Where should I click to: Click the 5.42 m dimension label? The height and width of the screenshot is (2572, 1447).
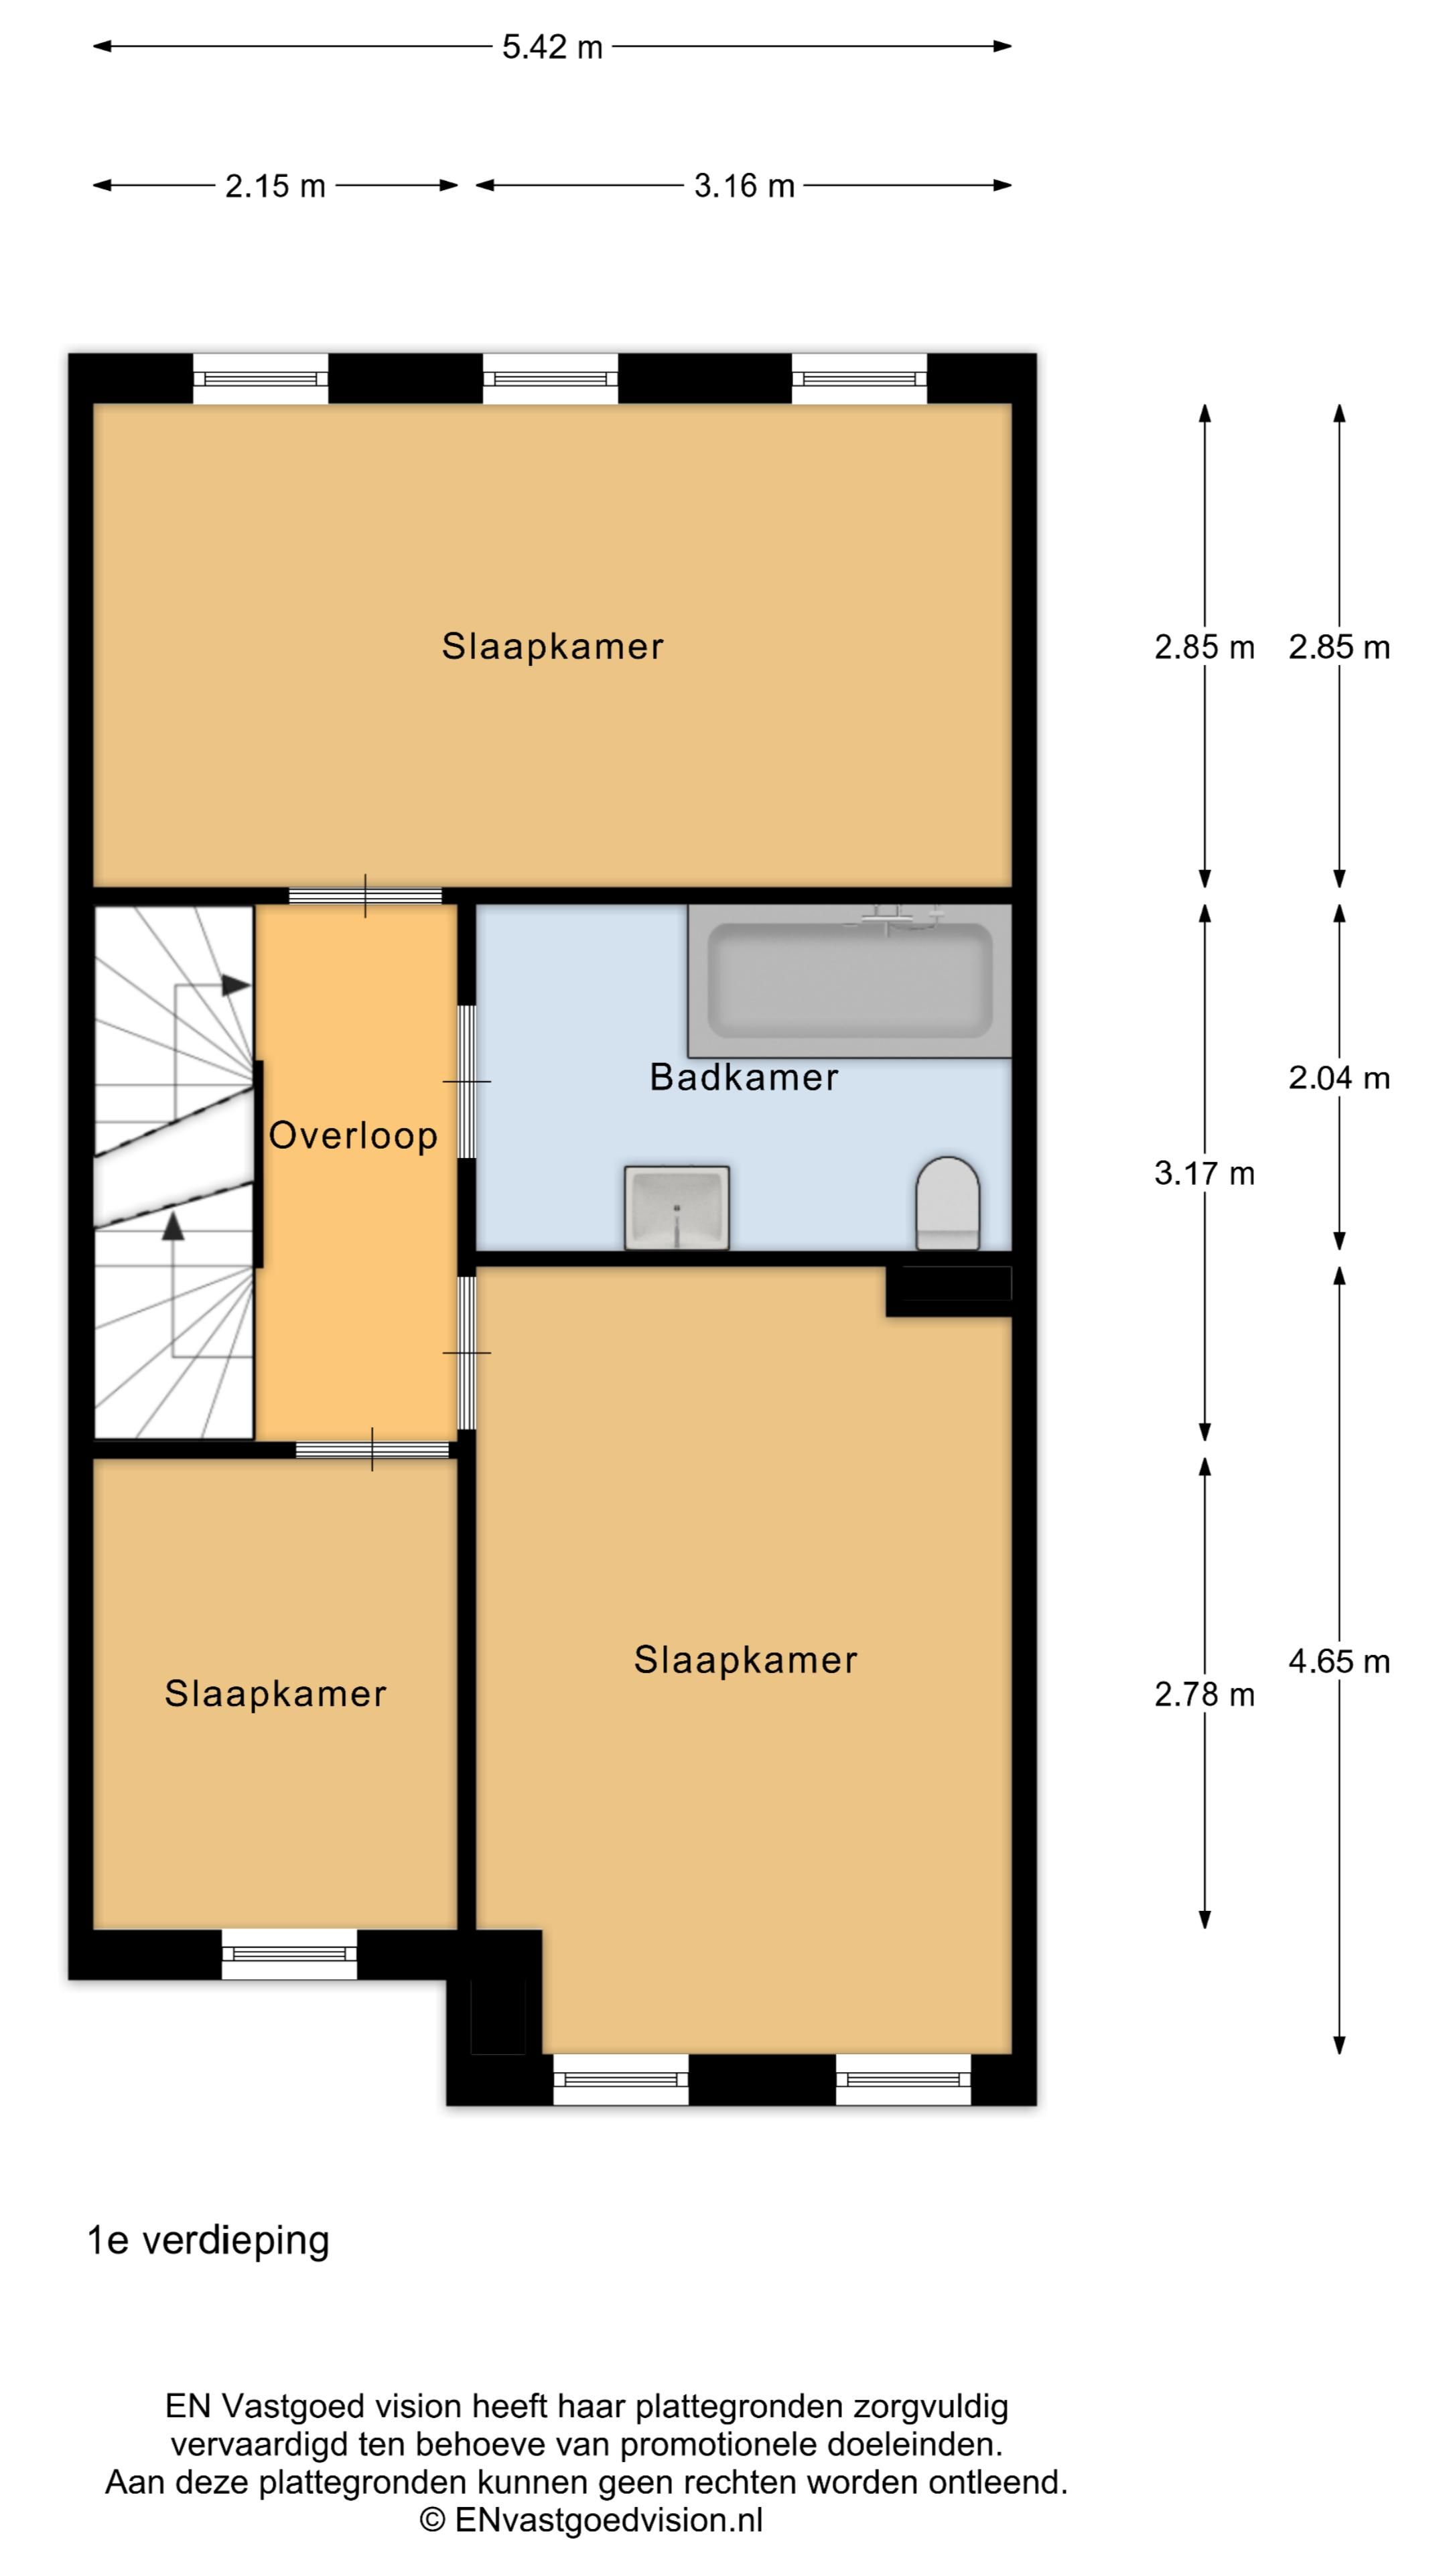pos(552,47)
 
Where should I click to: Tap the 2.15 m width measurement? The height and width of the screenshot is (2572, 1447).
pos(275,186)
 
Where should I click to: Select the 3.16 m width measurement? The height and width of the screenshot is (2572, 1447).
pos(744,186)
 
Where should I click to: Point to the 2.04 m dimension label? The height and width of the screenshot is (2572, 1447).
pos(1339,1078)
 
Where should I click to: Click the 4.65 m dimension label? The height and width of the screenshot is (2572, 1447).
pos(1339,1661)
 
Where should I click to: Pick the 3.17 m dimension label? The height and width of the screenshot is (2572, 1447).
pos(1204,1173)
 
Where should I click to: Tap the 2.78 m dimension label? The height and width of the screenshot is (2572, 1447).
pos(1204,1695)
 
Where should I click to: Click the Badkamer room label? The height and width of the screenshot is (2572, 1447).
pos(744,1077)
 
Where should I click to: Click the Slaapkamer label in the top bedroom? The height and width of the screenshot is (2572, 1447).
pos(552,647)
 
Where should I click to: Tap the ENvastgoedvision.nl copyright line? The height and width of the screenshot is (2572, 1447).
pos(591,2520)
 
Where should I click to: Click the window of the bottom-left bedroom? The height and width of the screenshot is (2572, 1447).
pos(289,1954)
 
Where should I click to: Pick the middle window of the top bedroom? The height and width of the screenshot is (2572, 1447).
pos(550,379)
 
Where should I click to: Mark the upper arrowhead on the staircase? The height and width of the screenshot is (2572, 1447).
pos(236,985)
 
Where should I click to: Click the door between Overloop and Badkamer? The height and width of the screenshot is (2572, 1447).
pos(466,1081)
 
